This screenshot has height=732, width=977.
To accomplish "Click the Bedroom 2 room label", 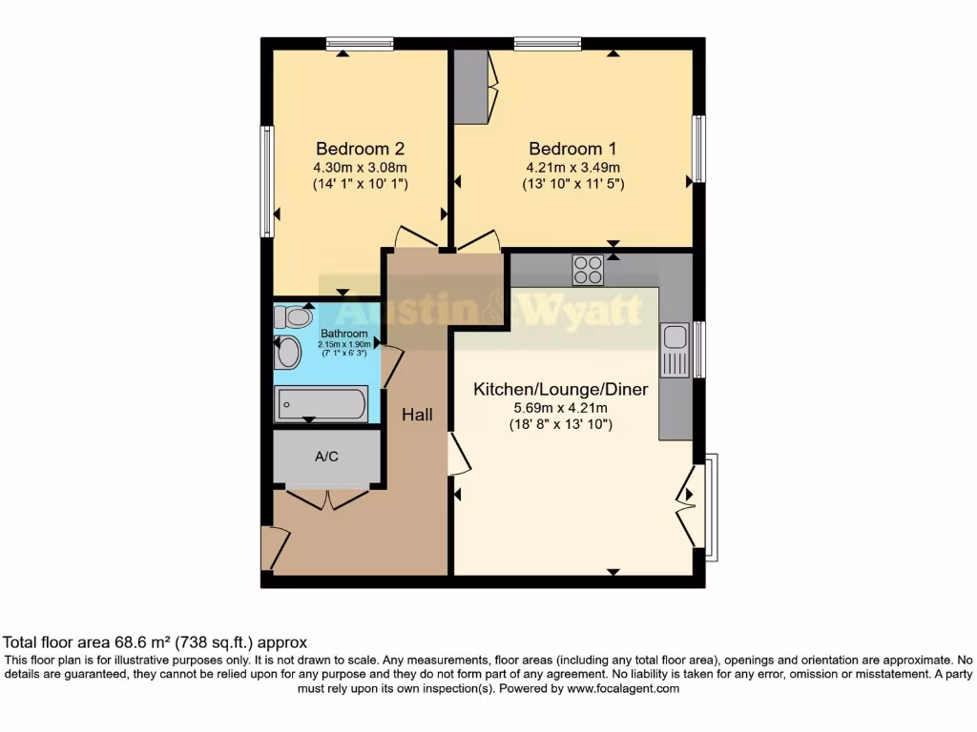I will point(360,149).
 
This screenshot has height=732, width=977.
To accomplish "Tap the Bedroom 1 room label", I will point(572,149).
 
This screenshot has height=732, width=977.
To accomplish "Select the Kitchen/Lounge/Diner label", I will point(561,389).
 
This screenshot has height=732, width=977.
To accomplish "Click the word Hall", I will point(417,415).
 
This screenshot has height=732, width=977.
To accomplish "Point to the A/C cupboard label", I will point(326,457).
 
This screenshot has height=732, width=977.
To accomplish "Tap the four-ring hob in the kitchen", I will point(588,271).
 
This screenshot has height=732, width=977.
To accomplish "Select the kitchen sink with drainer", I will point(675,349).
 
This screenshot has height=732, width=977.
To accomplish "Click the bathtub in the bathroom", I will point(321,404).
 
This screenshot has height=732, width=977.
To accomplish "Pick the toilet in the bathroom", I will point(294,316).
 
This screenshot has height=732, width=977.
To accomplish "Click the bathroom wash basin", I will point(287,354).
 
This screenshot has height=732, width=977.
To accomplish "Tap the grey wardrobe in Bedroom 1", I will point(469,87).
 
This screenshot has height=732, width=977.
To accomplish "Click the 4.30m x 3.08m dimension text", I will point(360,167).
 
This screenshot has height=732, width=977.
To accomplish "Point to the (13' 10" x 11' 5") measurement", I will point(572,184).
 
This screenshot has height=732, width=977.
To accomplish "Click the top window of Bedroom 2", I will point(359,43).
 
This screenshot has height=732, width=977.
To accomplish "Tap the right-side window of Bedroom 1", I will point(699,149).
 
